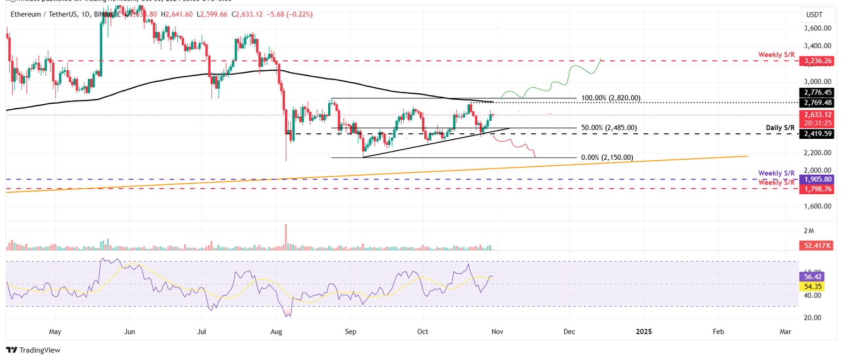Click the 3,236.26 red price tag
[x=818, y=61]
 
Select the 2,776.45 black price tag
[x=818, y=92]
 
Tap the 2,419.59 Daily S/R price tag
[x=818, y=133]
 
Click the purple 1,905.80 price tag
[x=818, y=179]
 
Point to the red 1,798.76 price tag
[x=818, y=189]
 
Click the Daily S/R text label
[x=781, y=128]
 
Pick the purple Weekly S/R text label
[x=777, y=172]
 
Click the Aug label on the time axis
[x=277, y=331]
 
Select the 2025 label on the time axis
[x=643, y=331]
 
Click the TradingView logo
[x=33, y=350]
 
